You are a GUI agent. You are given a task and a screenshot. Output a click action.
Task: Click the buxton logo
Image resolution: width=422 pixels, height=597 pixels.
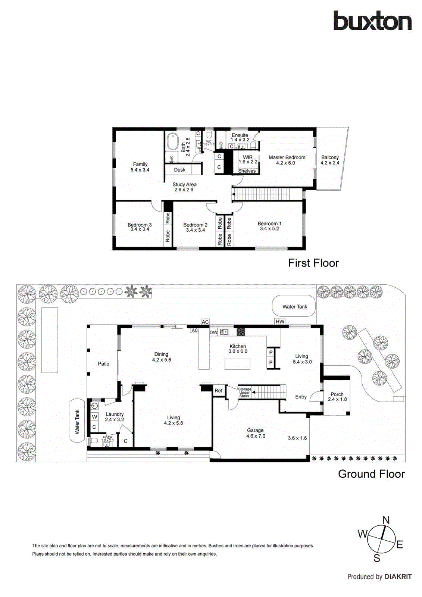pos(372,21)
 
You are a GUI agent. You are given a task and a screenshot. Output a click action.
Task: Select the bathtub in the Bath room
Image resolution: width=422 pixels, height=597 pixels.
pos(172,142)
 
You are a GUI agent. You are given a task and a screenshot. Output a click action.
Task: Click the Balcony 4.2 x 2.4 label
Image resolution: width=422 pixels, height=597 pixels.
pos(330,160)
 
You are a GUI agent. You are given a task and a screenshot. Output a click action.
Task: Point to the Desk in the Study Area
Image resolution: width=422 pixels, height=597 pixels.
pos(179,170)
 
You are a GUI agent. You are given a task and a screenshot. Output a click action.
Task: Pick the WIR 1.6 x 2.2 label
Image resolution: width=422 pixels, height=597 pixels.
pos(248,160)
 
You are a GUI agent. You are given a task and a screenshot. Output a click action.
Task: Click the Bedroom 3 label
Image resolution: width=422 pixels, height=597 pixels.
pos(140,227)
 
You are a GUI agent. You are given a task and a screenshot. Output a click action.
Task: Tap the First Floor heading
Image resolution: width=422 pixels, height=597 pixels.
pos(313,263)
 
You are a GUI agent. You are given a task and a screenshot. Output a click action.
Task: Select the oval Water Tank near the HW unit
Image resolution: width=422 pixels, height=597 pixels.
pos(294,306)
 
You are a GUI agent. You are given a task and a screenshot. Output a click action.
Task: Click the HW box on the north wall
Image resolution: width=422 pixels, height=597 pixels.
pos(280,321)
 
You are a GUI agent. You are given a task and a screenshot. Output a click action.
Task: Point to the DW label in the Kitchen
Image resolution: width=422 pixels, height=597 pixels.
pos(213,332)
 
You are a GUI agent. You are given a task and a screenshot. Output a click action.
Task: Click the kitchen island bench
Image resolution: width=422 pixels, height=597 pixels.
pos(237,364)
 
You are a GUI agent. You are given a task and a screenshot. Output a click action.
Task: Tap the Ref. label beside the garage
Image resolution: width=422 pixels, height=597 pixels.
pos(219,391)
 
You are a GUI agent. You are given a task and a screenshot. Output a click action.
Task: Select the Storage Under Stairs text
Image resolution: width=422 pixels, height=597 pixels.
pos(244,392)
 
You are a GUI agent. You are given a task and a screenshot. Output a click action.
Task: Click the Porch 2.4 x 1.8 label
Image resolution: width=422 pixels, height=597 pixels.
pos(337,397)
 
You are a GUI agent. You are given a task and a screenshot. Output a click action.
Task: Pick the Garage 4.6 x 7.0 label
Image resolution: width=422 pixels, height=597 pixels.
pos(256,433)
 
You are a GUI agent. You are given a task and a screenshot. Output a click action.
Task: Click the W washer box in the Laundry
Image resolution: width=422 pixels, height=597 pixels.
pos(94,417)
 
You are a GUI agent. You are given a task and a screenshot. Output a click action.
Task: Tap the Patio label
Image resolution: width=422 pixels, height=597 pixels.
pos(104,364)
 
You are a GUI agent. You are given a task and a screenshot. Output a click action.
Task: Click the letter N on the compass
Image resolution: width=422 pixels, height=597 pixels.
pos(386,520)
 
